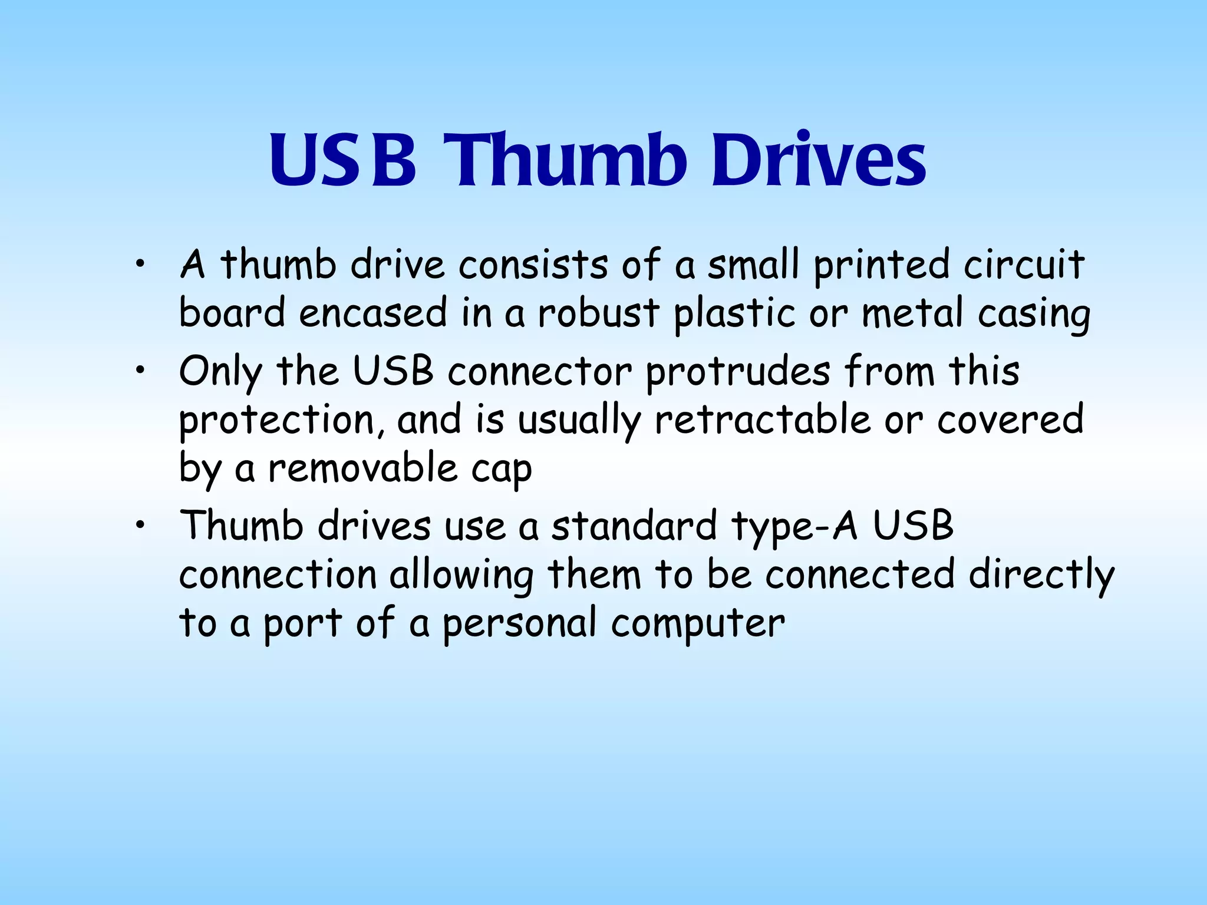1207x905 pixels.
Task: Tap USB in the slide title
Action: (x=343, y=160)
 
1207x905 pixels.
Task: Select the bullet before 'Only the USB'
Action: (x=138, y=371)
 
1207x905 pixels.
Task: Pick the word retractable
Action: (x=762, y=420)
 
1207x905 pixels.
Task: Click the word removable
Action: (x=362, y=468)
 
